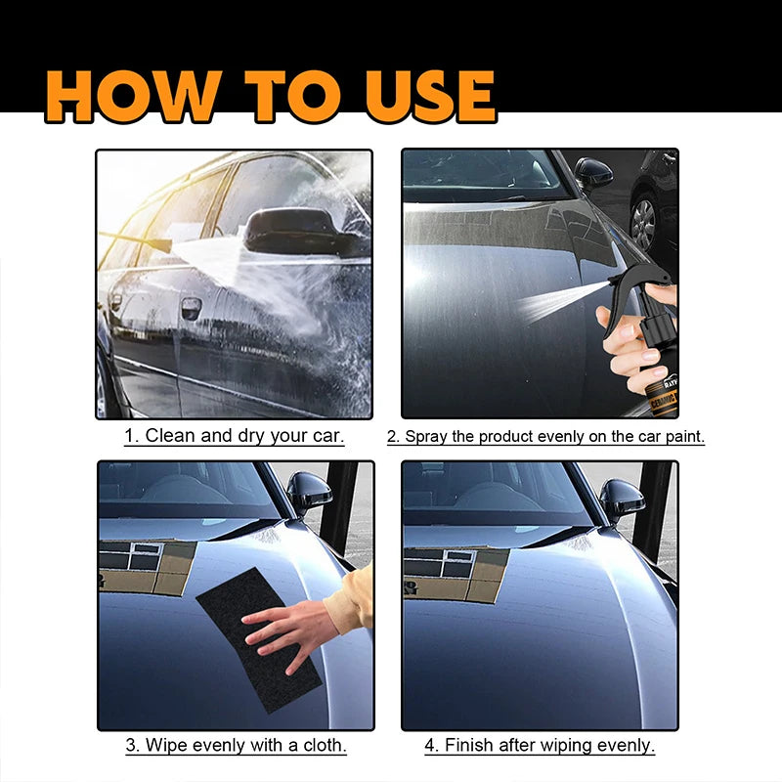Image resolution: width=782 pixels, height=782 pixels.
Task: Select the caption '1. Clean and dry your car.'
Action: [235, 436]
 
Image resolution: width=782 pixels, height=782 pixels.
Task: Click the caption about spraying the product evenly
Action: [545, 437]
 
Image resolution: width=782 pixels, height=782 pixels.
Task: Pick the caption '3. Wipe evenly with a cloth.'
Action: [236, 745]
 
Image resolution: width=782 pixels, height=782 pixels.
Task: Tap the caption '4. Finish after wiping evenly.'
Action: [540, 745]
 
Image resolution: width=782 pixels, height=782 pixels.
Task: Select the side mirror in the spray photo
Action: [593, 173]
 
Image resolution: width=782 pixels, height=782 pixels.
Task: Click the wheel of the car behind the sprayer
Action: [643, 223]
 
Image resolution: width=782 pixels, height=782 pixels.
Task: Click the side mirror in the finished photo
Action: [621, 497]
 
